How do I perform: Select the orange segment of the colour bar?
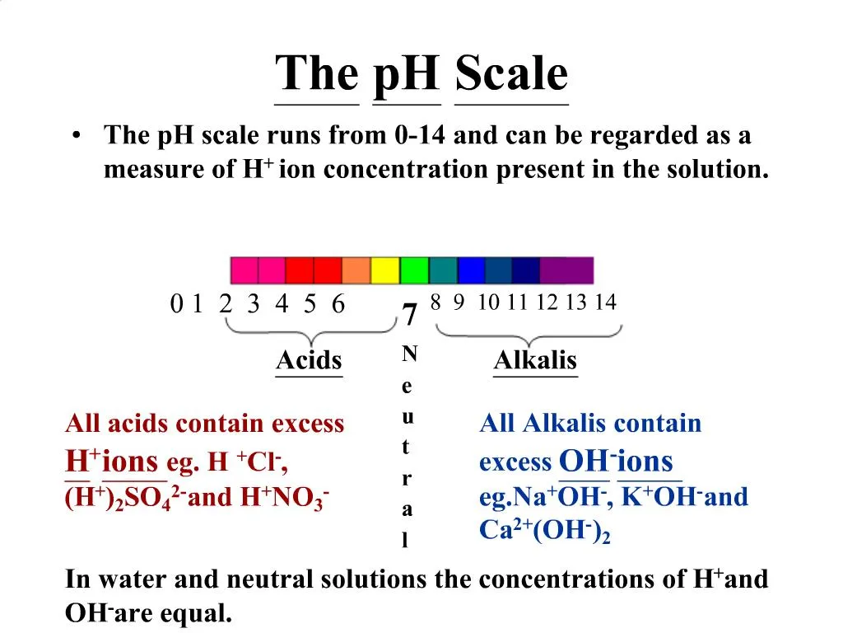click(356, 270)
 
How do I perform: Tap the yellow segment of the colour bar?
click(384, 270)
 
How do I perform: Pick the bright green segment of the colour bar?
click(414, 270)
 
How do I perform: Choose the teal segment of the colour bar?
click(443, 270)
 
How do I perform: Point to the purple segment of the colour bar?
click(566, 270)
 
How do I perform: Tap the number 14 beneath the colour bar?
click(605, 302)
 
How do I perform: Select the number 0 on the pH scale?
click(176, 305)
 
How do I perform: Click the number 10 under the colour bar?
click(487, 302)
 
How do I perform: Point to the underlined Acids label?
click(309, 361)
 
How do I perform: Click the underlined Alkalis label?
click(535, 361)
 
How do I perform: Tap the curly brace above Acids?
click(310, 334)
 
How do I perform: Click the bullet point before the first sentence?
click(77, 136)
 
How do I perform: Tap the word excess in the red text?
click(308, 424)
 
